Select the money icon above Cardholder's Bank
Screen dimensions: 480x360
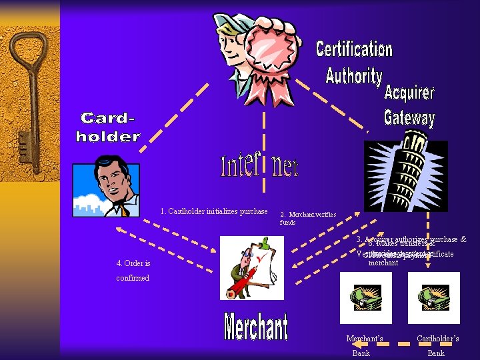pyautogui.click(x=429, y=298)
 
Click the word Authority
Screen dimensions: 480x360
pyautogui.click(x=353, y=75)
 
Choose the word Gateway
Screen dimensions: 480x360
pyautogui.click(x=409, y=118)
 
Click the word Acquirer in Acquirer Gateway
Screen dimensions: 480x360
pyautogui.click(x=409, y=93)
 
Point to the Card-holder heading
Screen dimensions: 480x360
pyautogui.click(x=108, y=127)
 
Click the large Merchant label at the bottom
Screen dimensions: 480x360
pyautogui.click(x=256, y=327)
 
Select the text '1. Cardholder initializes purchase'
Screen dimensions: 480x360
pyautogui.click(x=214, y=212)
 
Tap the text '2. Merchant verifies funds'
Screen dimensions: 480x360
pyautogui.click(x=307, y=218)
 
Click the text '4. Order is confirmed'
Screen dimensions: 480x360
pyautogui.click(x=133, y=270)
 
